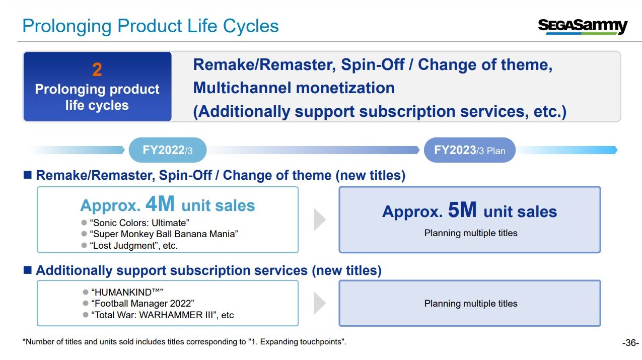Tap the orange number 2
click(97, 69)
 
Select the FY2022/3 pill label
click(168, 150)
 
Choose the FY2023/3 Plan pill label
click(469, 150)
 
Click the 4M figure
click(160, 203)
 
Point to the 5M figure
click(462, 209)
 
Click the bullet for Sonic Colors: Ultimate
click(84, 223)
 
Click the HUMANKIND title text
click(127, 292)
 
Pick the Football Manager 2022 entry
click(142, 303)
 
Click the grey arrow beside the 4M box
click(320, 220)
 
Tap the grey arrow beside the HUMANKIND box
click(320, 303)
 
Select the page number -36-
click(630, 343)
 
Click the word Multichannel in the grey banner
click(242, 88)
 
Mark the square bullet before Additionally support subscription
click(28, 270)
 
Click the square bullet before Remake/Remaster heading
click(28, 175)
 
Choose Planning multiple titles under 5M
click(471, 233)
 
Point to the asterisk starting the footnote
click(24, 340)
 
